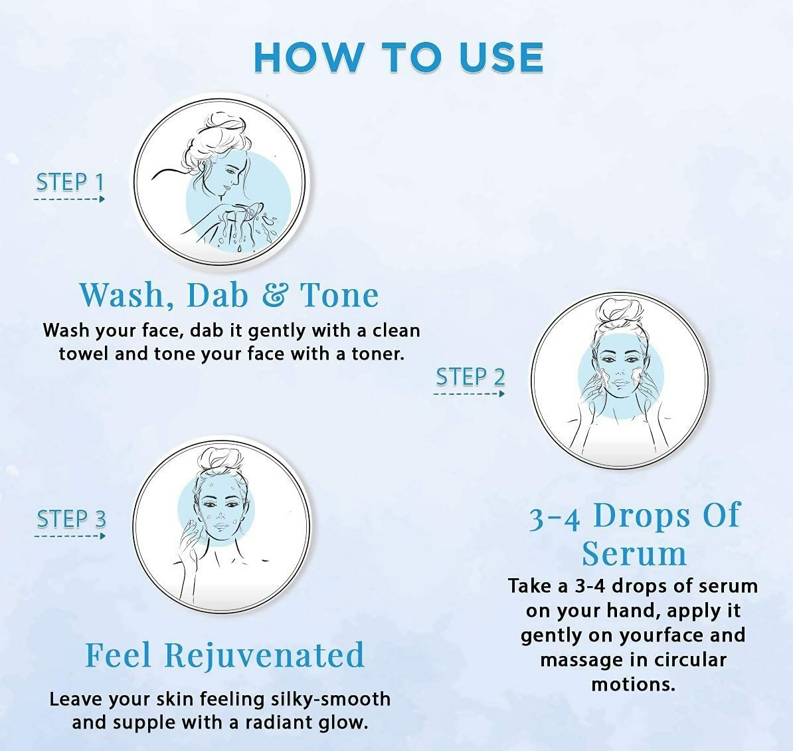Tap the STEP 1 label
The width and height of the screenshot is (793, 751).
pyautogui.click(x=70, y=182)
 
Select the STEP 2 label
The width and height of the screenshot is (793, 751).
pyautogui.click(x=470, y=377)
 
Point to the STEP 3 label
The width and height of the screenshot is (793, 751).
pyautogui.click(x=71, y=519)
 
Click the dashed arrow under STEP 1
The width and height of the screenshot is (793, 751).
pyautogui.click(x=69, y=199)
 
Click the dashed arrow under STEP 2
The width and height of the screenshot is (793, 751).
pyautogui.click(x=469, y=394)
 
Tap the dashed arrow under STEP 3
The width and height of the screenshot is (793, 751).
pyautogui.click(x=70, y=536)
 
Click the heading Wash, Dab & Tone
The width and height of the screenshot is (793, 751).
pyautogui.click(x=229, y=294)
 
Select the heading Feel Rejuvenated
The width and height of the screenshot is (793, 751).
pyautogui.click(x=224, y=655)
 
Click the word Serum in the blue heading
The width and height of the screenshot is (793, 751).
pyautogui.click(x=634, y=553)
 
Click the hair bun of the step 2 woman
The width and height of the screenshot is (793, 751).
pyautogui.click(x=617, y=314)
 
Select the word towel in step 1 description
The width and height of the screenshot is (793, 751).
pyautogui.click(x=84, y=353)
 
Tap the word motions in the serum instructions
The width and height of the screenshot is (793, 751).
pyautogui.click(x=633, y=684)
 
